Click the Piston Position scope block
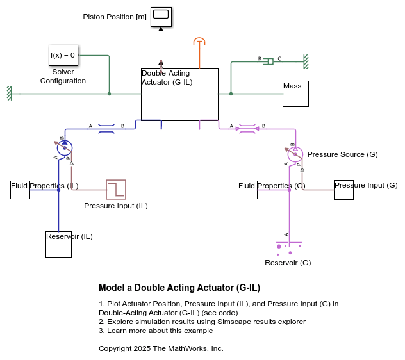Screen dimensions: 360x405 pos(161,17)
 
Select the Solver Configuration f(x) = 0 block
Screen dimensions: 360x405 pos(63,55)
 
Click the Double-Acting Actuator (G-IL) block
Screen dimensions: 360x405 pos(179,94)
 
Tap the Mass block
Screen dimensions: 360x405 pos(295,94)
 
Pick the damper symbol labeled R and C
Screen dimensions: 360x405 pos(270,61)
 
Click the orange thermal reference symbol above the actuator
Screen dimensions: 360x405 pos(200,42)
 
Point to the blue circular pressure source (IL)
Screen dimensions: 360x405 pos(64,148)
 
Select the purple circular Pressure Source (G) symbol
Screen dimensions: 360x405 pos(295,154)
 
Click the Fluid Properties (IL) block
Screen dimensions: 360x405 pos(20,190)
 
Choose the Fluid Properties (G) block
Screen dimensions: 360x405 pos(247,190)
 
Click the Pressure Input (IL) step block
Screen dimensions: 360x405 pos(116,190)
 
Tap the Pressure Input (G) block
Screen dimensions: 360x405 pos(343,190)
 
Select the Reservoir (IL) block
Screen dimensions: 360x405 pos(58,244)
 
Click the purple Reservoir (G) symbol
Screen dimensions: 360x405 pos(288,246)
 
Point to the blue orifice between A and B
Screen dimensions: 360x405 pos(106,129)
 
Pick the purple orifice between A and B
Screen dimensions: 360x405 pos(247,129)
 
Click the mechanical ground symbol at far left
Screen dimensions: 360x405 pos(9,94)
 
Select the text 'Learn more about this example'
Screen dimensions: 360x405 pos(160,331)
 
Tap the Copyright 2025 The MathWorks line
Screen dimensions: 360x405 pos(161,348)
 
